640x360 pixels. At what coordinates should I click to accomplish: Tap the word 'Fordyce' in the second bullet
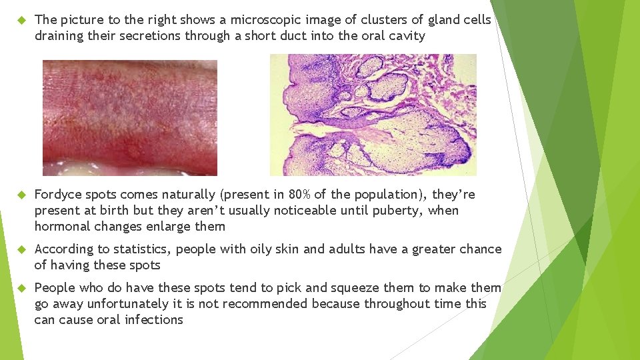coord(58,195)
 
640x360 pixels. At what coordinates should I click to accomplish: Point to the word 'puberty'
coord(403,211)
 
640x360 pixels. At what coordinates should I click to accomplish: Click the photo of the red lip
coord(130,118)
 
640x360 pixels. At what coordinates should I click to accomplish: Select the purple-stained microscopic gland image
coord(373,115)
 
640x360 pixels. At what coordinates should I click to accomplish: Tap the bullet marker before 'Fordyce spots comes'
coord(21,195)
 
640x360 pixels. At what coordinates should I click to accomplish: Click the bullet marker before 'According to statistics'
coord(21,250)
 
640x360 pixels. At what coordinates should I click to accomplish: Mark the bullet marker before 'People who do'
coord(21,289)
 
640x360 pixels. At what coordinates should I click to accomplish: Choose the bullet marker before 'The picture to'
coord(21,21)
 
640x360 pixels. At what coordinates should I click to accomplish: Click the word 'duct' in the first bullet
coord(282,36)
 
